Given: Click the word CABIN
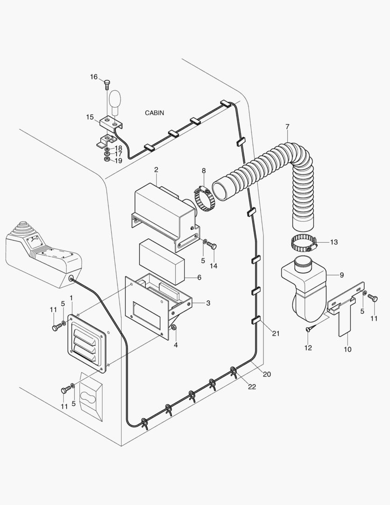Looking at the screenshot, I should pos(155,113).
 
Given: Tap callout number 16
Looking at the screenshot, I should pos(94,77).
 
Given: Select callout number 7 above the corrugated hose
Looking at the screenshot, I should pos(287,126).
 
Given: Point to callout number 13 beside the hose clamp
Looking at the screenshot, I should pos(333,242).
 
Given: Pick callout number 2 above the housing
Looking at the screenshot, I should pos(156,169).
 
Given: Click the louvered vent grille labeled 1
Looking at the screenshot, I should pos(87,344).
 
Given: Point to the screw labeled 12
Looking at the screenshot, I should pos(309,329).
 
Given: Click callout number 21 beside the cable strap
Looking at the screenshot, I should pos(276,333).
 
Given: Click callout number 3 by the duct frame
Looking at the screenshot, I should pos(208,303).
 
